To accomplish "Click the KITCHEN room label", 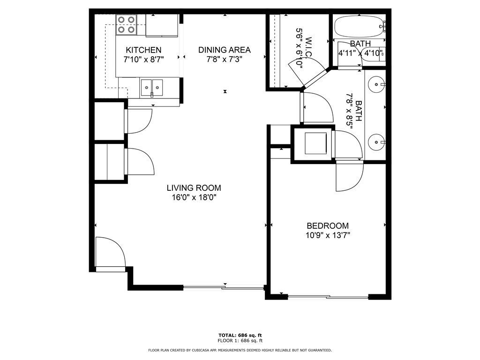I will pos(143,50).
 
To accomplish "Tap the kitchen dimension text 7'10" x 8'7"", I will pos(143,60).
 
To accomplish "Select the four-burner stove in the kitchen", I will pos(126,25).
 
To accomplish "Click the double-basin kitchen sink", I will pos(152,87).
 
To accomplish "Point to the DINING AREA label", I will pos(224,50).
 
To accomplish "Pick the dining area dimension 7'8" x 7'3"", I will pos(224,60).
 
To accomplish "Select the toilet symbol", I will pos(375,54).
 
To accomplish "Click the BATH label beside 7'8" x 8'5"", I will pos(359,111).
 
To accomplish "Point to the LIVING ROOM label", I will pos(194,188).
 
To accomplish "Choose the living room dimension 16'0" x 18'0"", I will pos(194,198).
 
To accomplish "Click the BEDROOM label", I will pos(328,225).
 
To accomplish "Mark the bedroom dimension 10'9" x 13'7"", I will pos(328,235).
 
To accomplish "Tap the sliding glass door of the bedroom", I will pos(328,296).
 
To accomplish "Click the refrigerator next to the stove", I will pos(162,25).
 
